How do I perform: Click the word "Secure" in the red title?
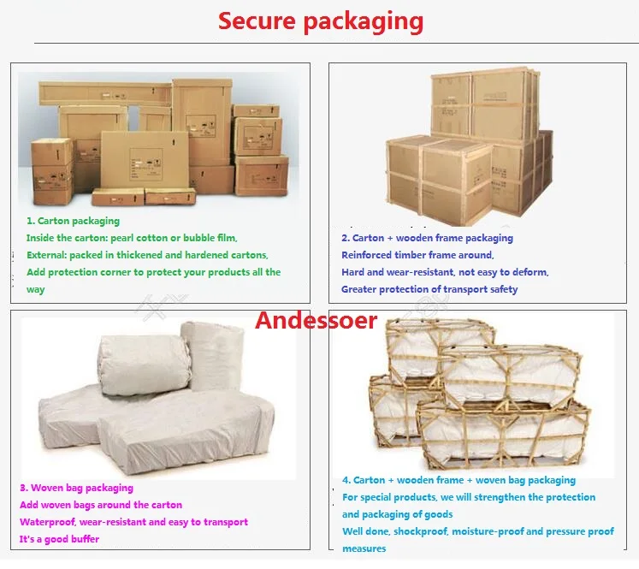(257, 21)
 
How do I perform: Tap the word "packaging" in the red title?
(364, 23)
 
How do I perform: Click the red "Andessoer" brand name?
(317, 320)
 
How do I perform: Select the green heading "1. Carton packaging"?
(73, 221)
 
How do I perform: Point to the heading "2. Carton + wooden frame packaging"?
(427, 238)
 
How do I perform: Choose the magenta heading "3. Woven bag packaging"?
(77, 488)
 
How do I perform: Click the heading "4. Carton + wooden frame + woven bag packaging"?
(459, 480)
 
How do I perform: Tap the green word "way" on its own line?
(35, 290)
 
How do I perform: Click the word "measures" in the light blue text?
(364, 548)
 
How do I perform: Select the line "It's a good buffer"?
(60, 539)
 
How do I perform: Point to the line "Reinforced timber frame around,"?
(417, 255)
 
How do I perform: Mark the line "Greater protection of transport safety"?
(429, 289)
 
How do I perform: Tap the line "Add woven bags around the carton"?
(101, 505)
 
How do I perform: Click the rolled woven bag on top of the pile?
(144, 364)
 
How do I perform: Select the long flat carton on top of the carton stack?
(105, 94)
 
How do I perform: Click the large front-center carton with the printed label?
(145, 161)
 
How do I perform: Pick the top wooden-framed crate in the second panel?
(485, 104)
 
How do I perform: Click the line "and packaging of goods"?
(397, 514)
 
